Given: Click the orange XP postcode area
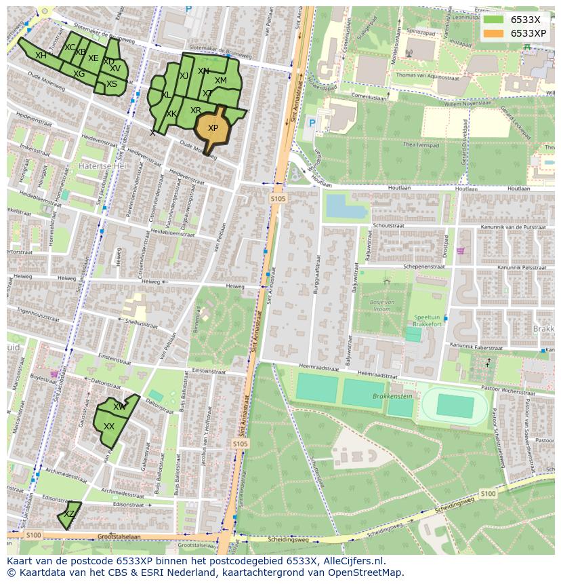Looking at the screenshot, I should point(212,128).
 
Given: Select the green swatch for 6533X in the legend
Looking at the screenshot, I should point(494,20).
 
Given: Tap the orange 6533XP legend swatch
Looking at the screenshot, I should point(494,33).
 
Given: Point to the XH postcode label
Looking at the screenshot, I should point(41,56).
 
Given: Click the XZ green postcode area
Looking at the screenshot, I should point(69,514).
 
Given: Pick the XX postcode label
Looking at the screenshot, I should point(109,427).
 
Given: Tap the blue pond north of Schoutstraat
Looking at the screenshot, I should point(346,206).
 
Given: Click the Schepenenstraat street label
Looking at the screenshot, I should point(423,267).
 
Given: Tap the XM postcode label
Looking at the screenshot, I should point(221,81).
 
